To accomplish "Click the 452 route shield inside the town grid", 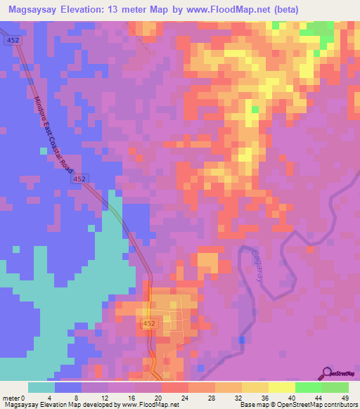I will pos(148,323).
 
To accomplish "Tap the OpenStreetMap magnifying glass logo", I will pos(328,374).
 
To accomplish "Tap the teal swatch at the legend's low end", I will pos(41,387).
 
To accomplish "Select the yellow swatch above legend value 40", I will pos(282,387).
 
